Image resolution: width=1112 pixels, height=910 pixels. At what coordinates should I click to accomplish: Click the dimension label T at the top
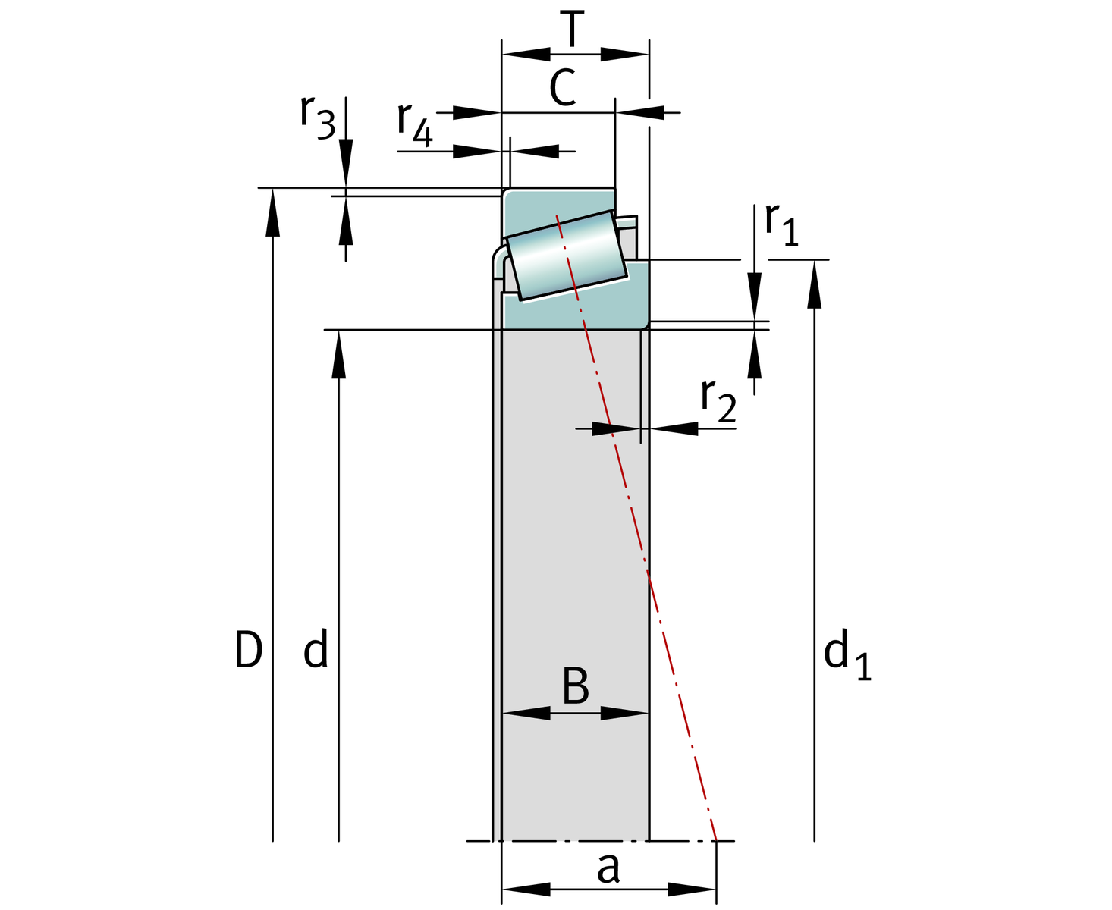pyautogui.click(x=574, y=30)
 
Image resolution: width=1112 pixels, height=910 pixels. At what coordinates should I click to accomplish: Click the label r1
pyautogui.click(x=781, y=225)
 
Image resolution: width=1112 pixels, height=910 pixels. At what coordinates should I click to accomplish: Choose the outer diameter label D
pyautogui.click(x=248, y=651)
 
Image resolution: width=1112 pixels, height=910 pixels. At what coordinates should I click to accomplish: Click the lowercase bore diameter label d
pyautogui.click(x=316, y=651)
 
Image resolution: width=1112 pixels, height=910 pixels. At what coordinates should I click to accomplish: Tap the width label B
pyautogui.click(x=576, y=686)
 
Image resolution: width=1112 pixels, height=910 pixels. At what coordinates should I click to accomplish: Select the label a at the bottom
pyautogui.click(x=608, y=868)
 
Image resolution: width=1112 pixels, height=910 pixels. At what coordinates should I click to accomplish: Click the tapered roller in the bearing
pyautogui.click(x=566, y=255)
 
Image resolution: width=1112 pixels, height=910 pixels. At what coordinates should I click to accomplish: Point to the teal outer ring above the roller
pyautogui.click(x=558, y=203)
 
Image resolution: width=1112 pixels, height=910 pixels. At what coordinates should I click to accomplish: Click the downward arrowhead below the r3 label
pyautogui.click(x=346, y=163)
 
